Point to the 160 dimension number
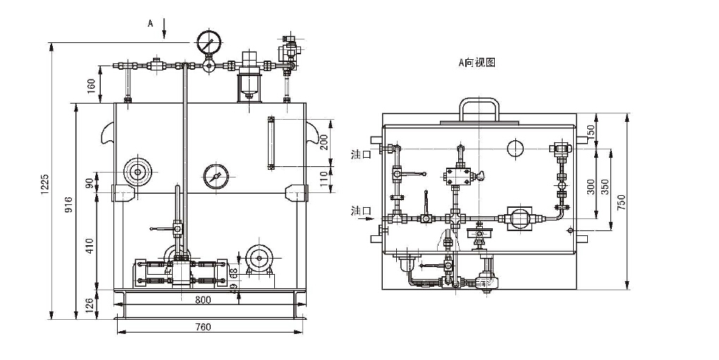[91, 86]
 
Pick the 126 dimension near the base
[91, 304]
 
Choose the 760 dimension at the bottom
[203, 327]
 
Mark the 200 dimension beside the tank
[324, 143]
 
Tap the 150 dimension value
[592, 131]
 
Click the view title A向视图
[477, 63]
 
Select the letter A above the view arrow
[150, 23]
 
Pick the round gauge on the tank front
[215, 175]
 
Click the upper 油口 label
[360, 153]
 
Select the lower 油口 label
[360, 211]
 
